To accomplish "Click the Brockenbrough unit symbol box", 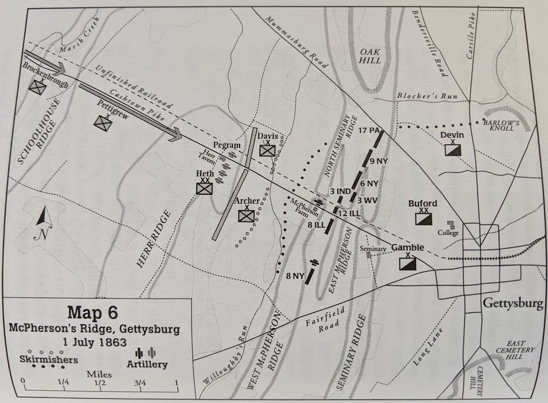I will [38, 88].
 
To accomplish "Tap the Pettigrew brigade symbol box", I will [102, 122].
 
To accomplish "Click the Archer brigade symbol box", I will [245, 215].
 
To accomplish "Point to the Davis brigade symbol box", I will [268, 150].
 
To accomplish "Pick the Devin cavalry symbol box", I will [452, 150].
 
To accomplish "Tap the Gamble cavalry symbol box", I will [408, 264].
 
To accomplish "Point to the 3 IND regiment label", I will [340, 192].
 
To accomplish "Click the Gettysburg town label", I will [513, 303].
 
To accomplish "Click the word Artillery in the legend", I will [148, 364].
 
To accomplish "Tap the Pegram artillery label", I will [227, 145].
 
